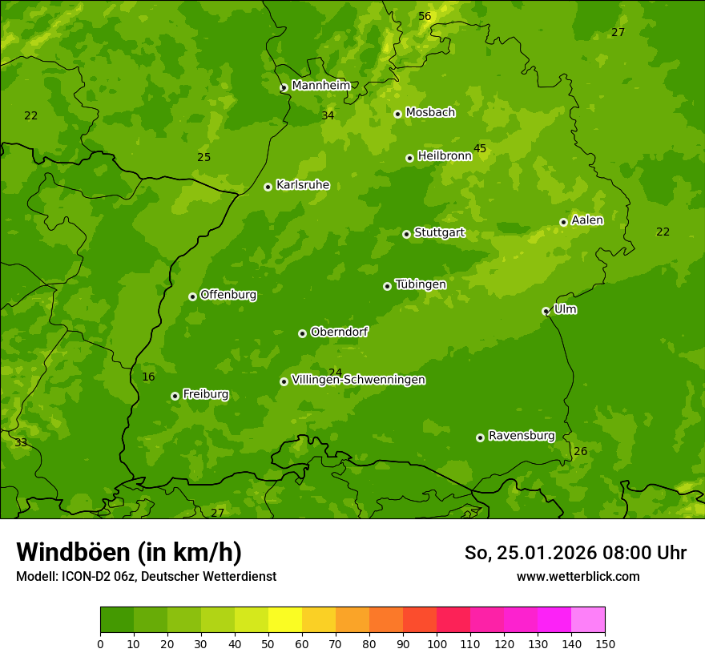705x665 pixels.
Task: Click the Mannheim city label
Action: [x=320, y=86]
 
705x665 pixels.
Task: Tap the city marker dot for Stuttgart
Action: [x=406, y=234]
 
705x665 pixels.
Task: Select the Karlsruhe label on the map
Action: [x=302, y=185]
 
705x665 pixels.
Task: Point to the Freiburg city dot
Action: [x=175, y=396]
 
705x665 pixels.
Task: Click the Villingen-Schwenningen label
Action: [x=358, y=380]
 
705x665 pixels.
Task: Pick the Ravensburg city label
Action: [x=522, y=436]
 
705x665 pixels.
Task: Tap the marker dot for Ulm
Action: [x=546, y=311]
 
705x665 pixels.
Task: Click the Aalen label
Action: [x=587, y=220]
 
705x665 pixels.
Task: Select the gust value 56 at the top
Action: [x=425, y=17]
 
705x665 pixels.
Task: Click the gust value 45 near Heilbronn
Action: [x=480, y=148]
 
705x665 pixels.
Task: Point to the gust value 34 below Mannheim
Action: [x=328, y=116]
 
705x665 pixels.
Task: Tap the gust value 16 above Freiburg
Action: [x=148, y=377]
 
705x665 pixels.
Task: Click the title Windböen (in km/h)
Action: [x=129, y=552]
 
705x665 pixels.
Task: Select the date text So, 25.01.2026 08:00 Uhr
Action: [x=575, y=553]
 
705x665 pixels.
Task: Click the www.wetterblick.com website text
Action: [x=578, y=576]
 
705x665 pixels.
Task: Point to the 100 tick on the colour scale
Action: [x=437, y=643]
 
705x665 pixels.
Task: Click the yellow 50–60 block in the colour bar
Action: [x=285, y=619]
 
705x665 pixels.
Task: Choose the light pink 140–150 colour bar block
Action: [x=588, y=619]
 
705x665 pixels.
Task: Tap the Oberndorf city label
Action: [x=339, y=332]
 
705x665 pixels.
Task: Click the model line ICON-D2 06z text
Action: [x=146, y=576]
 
